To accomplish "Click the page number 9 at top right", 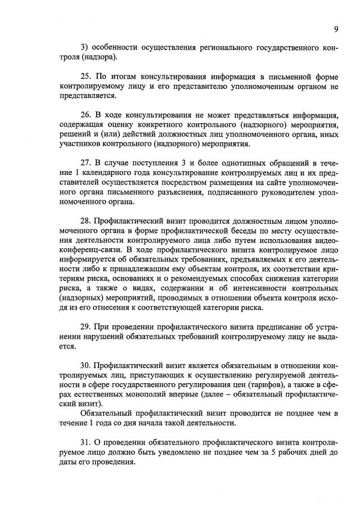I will [335, 29].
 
